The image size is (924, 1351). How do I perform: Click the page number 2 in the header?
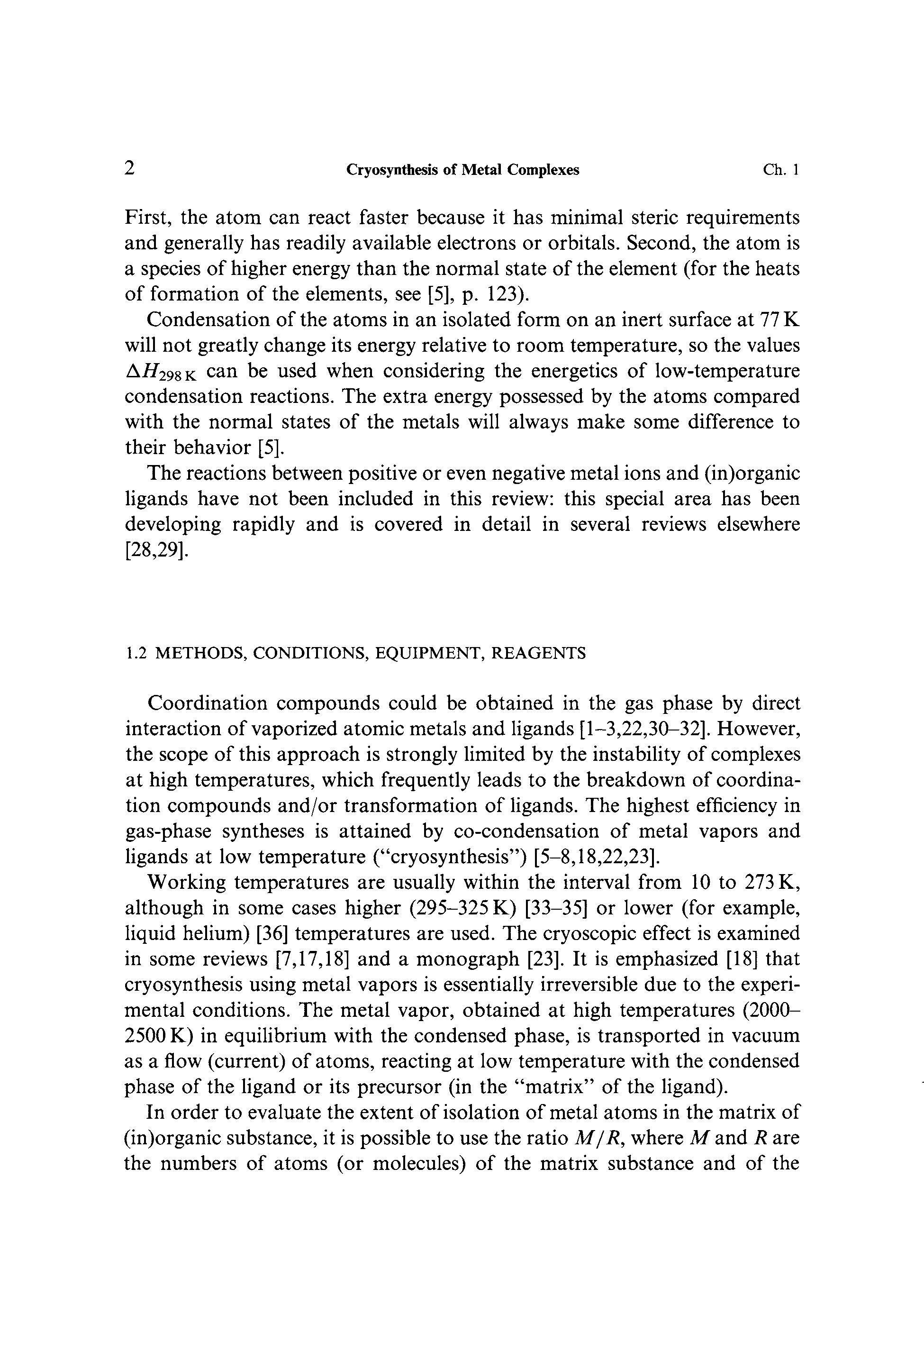[130, 169]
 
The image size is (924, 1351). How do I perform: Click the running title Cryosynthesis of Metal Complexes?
[462, 170]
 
